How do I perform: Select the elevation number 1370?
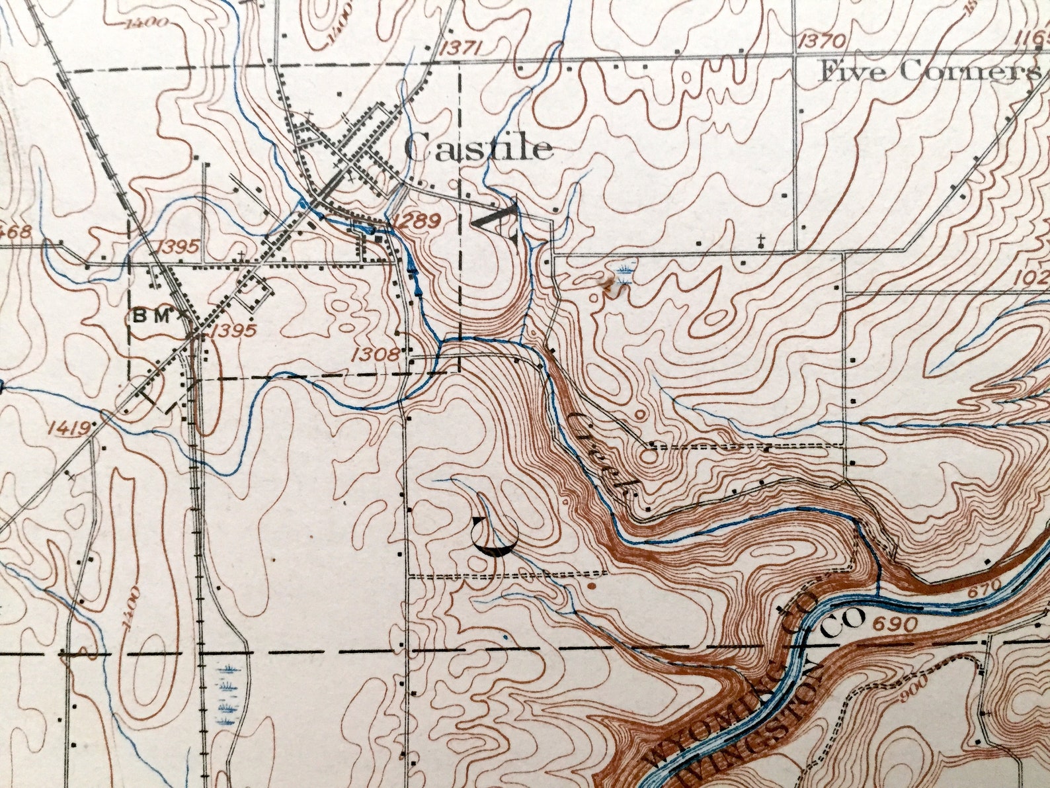click(x=822, y=41)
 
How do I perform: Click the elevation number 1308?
click(x=376, y=355)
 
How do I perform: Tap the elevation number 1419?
click(x=68, y=428)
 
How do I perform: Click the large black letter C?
click(x=495, y=536)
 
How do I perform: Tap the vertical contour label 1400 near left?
click(x=132, y=608)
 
